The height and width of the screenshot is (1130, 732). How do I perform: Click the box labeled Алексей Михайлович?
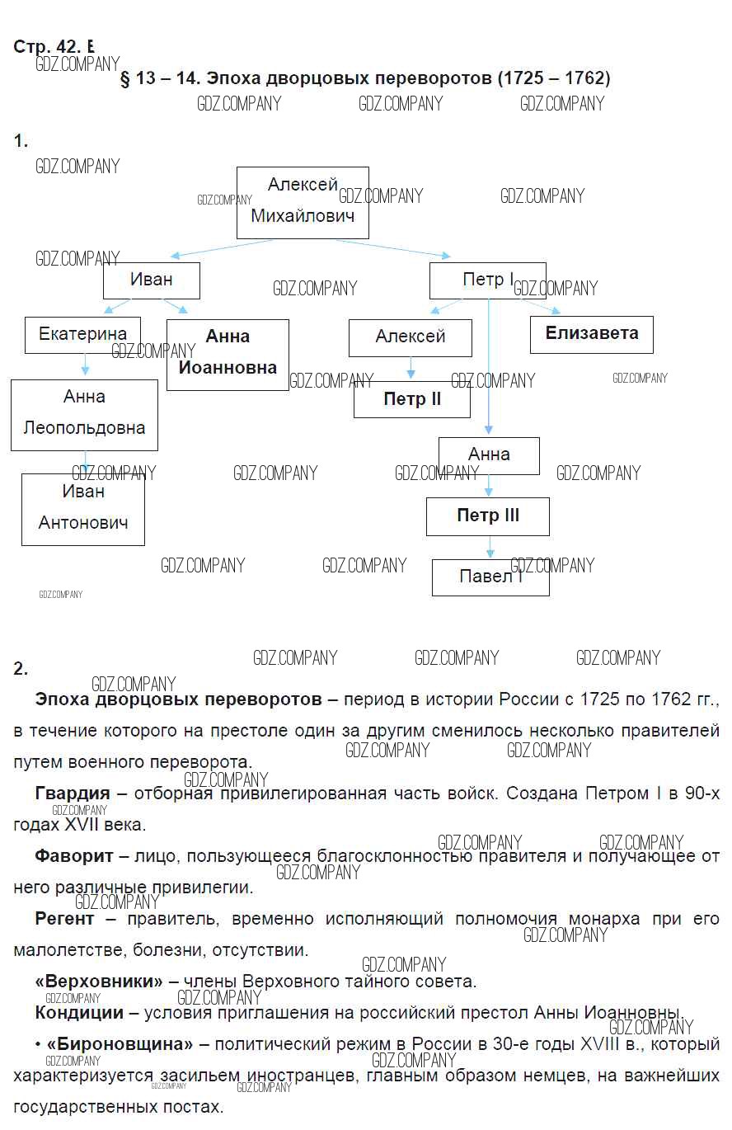[303, 202]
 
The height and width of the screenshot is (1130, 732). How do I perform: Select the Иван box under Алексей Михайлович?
[152, 280]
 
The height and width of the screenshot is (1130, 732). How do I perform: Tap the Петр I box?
[487, 280]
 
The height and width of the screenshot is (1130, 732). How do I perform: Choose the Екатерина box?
[82, 334]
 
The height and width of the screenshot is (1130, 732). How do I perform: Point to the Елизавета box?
[591, 334]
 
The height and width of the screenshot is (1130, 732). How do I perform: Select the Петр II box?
[412, 399]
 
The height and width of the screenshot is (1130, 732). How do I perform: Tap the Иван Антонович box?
[83, 508]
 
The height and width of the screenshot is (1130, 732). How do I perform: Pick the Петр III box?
[488, 516]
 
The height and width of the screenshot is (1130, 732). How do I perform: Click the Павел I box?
[490, 577]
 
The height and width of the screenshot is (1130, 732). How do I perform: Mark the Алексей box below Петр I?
[410, 337]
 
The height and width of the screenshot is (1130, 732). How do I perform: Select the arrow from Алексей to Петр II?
[411, 368]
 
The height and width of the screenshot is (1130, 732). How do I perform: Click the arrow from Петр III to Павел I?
[490, 547]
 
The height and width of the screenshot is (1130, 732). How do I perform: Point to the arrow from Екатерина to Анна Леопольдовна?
[85, 365]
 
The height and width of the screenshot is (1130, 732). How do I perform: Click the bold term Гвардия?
[73, 793]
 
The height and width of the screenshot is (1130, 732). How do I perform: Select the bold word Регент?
[64, 919]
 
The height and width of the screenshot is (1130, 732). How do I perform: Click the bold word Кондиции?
[79, 1013]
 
